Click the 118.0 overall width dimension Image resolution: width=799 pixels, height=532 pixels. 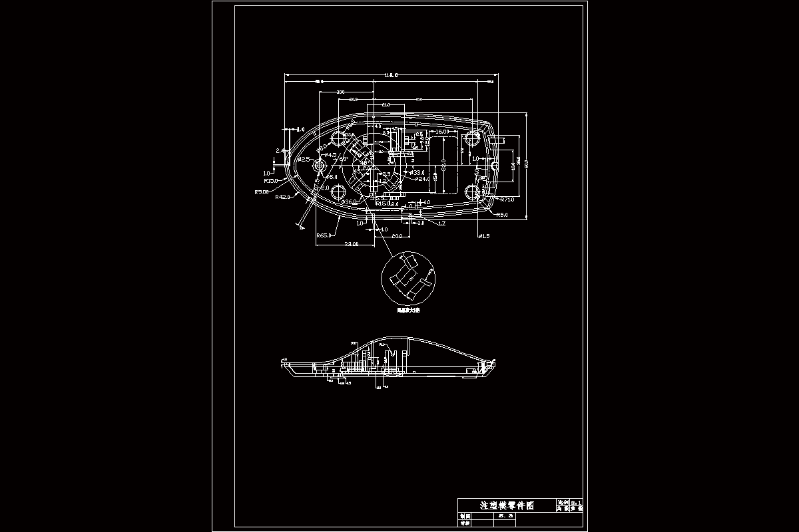[390, 75]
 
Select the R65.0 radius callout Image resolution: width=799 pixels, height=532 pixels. [325, 235]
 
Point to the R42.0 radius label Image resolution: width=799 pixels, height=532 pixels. [283, 198]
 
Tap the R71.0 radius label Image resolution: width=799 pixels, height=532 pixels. [507, 199]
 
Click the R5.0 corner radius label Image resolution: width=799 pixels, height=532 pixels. [501, 215]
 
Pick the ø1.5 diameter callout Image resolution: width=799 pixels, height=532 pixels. [483, 236]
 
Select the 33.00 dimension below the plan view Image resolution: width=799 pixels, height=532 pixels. [351, 245]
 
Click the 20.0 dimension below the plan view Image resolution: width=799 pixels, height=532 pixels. [396, 236]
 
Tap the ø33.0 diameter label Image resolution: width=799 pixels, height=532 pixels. [417, 172]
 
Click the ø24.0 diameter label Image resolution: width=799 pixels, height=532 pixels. [421, 179]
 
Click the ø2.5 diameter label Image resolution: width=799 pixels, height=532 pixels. [304, 160]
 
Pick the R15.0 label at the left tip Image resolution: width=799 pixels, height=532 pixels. [272, 180]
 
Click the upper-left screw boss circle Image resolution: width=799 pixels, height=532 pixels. [339, 138]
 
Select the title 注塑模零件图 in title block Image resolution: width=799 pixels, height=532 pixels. [507, 505]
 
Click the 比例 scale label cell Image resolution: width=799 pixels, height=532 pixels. [563, 501]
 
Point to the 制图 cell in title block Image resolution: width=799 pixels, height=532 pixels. [464, 515]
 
